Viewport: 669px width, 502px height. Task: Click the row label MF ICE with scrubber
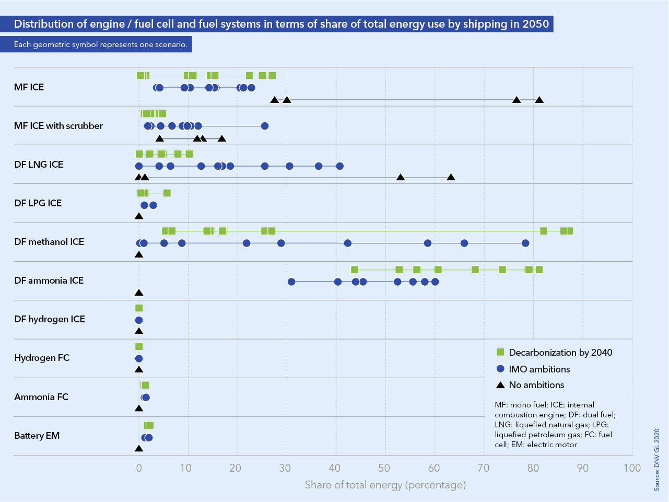tap(58, 126)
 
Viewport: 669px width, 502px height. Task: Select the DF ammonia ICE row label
tap(49, 281)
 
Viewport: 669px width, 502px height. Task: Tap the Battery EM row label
tap(37, 436)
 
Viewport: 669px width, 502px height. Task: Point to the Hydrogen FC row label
tap(42, 358)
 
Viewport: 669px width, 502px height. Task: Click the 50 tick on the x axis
tap(385, 468)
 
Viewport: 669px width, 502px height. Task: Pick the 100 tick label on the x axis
tap(632, 468)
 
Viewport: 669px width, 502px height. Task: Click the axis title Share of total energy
tap(385, 485)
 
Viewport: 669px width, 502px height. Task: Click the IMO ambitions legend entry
tap(539, 369)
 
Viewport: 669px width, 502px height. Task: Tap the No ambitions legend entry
tap(536, 385)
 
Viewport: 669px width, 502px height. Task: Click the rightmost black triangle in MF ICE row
tap(539, 100)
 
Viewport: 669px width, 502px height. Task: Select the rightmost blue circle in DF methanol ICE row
tap(525, 243)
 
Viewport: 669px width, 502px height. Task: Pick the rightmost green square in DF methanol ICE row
tap(570, 231)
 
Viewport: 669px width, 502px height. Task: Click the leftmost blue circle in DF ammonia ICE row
tap(291, 282)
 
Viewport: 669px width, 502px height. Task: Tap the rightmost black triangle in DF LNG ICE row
tap(451, 178)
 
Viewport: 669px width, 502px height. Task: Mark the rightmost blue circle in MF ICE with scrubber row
tap(265, 126)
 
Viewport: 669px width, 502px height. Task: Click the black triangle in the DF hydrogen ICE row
tap(139, 331)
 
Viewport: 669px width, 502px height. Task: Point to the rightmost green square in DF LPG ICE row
tap(167, 193)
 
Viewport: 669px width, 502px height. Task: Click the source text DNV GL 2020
tap(657, 460)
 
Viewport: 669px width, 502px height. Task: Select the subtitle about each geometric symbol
tap(100, 44)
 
